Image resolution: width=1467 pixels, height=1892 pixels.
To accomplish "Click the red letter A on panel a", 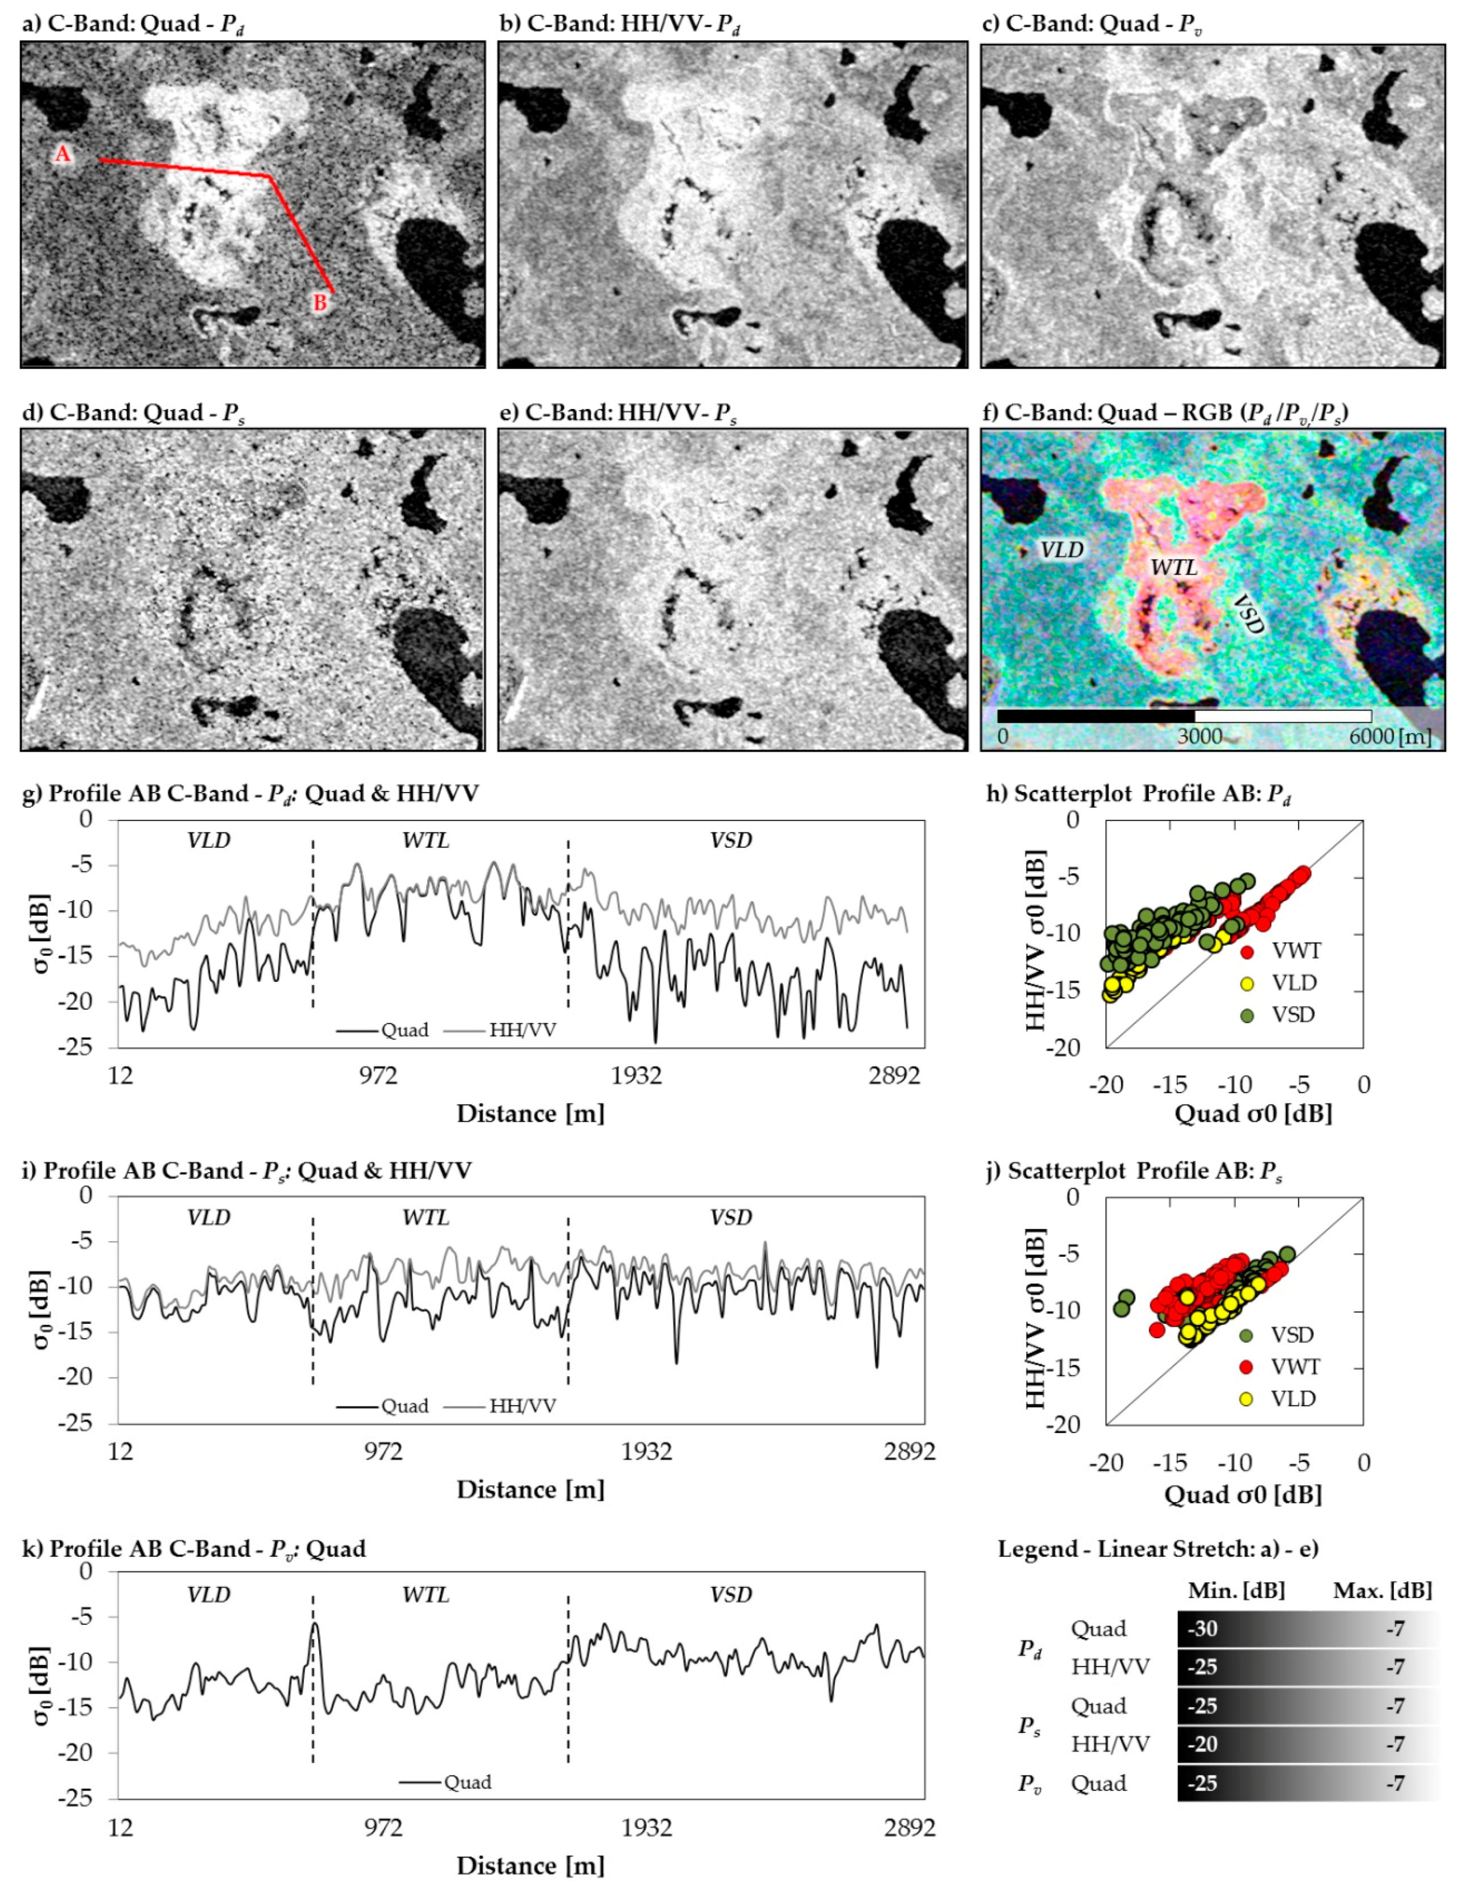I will click(x=62, y=154).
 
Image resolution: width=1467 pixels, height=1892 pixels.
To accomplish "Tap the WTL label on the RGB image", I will click(x=1173, y=568).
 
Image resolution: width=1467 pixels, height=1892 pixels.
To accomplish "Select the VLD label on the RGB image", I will click(x=1061, y=550).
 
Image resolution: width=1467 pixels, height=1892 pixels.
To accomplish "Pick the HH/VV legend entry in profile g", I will click(x=522, y=1030).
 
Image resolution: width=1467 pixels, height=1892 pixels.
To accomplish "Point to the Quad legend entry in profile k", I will click(x=467, y=1782).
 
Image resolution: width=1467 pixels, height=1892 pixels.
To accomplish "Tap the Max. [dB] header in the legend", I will click(x=1382, y=1590).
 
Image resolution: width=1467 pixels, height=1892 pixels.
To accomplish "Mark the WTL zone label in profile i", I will click(x=425, y=1218).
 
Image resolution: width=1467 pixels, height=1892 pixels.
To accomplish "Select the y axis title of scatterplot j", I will click(x=1035, y=1319).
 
